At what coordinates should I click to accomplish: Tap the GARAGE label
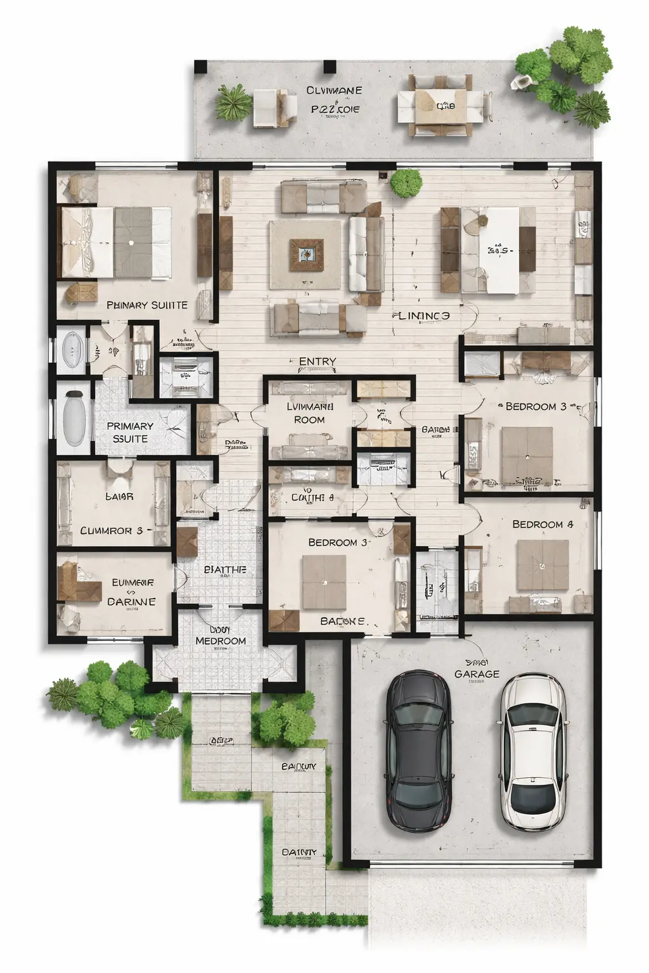[477, 674]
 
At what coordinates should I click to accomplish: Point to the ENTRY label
[317, 362]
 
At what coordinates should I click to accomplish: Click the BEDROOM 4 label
[543, 525]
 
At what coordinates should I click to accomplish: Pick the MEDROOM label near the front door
[221, 640]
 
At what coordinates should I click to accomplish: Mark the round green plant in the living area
[406, 182]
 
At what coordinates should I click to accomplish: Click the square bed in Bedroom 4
[543, 564]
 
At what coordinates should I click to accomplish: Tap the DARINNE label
[131, 601]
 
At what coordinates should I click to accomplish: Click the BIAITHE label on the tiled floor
[225, 569]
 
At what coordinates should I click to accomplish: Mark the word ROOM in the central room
[309, 419]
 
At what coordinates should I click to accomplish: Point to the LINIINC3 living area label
[424, 315]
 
